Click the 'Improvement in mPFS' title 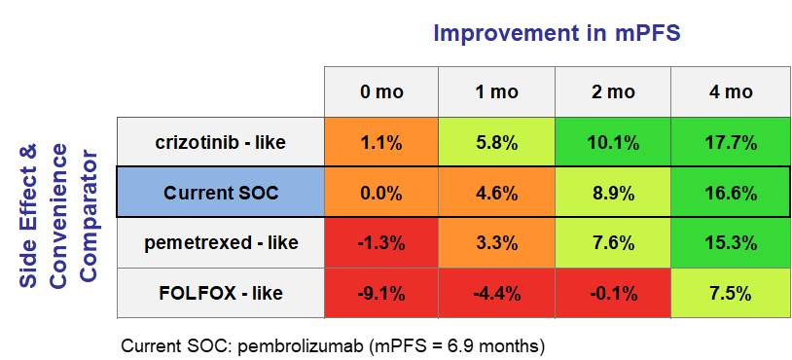click(556, 32)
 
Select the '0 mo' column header click(380, 92)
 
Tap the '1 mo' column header click(496, 92)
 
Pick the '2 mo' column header click(613, 92)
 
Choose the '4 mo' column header click(731, 92)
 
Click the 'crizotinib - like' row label click(220, 142)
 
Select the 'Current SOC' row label click(220, 193)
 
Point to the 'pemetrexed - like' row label click(220, 242)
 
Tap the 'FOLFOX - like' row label click(220, 292)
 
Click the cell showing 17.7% click(731, 142)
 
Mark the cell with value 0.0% click(380, 193)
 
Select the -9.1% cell click(380, 292)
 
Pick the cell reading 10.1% click(613, 142)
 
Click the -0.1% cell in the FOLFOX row click(613, 292)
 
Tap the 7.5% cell click(731, 292)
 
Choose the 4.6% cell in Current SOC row click(496, 193)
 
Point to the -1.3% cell click(380, 242)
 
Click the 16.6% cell click(731, 193)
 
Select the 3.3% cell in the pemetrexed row click(496, 242)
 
